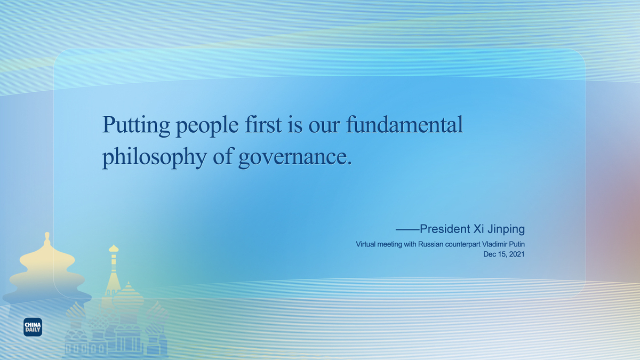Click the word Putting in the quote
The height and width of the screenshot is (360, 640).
click(137, 125)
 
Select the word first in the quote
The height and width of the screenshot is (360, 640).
click(263, 124)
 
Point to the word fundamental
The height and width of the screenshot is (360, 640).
click(404, 124)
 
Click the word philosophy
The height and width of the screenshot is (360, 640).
click(155, 157)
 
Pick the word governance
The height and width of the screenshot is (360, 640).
click(295, 158)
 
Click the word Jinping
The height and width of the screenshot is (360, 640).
click(506, 229)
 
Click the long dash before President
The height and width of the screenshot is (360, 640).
click(407, 229)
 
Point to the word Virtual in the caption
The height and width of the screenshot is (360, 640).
click(365, 244)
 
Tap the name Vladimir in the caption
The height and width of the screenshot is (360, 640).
click(494, 244)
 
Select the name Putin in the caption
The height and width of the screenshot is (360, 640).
click(517, 244)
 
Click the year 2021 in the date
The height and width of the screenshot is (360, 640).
click(517, 254)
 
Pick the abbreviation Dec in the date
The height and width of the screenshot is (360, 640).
click(489, 254)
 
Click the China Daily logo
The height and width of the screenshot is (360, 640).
click(33, 327)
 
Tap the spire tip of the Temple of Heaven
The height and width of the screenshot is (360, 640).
click(47, 234)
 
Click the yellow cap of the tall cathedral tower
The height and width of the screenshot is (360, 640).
click(114, 249)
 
